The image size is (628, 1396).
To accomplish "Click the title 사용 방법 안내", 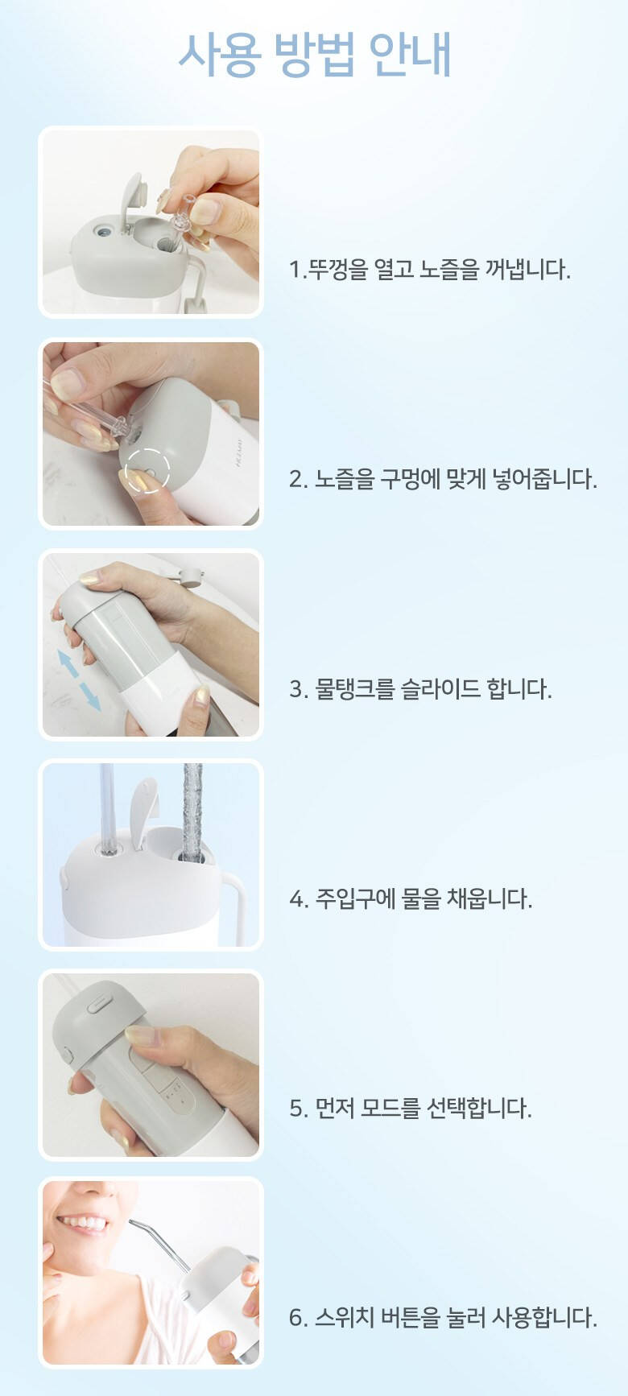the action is pos(314,56).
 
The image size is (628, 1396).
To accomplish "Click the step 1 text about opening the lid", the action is pos(430,269).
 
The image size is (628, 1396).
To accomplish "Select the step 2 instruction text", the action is pos(443,479).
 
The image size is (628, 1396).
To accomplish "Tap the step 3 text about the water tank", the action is pos(420,689).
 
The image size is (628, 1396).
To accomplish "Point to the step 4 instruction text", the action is pos(411,898).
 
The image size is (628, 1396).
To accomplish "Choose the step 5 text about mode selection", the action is pos(411,1109).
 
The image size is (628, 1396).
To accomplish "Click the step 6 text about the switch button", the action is pos(443,1318).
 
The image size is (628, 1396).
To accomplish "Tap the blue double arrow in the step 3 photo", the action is pos(79,680).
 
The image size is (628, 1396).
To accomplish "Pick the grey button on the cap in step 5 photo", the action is pos(99,1003).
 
